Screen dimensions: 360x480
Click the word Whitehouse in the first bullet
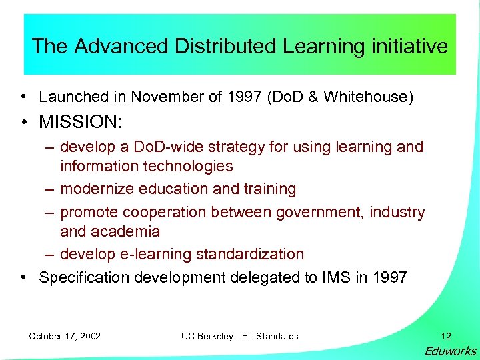coord(367,97)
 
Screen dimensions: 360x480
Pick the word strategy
coord(212,147)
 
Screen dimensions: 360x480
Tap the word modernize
coord(97,189)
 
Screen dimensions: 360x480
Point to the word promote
coord(87,212)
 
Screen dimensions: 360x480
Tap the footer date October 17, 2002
coord(65,336)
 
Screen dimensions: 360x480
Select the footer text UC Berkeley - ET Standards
coord(240,336)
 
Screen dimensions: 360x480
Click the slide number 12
coord(446,336)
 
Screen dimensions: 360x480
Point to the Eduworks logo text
coord(451,351)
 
